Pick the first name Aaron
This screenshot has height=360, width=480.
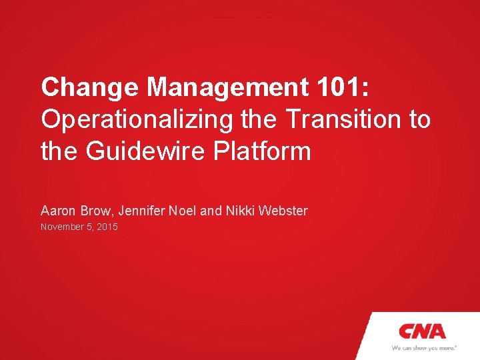pos(58,211)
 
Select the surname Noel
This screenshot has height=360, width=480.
pos(182,211)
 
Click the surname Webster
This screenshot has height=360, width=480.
pos(283,211)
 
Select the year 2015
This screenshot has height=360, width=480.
pos(107,227)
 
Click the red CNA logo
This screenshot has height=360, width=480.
pos(422,331)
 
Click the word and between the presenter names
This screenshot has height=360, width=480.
pos(210,211)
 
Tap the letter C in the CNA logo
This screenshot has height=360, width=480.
pos(407,331)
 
